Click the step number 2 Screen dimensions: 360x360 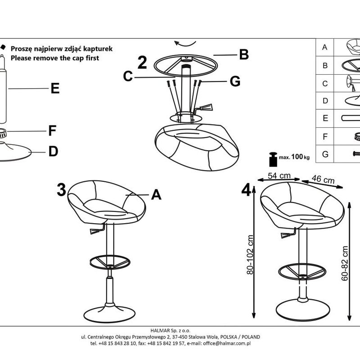point(142,63)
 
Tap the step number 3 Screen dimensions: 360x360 point(62,189)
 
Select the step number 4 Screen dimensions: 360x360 point(246,189)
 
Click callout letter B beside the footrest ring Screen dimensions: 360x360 point(244,54)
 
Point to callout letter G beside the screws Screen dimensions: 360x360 point(235,81)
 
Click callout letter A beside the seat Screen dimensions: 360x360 point(156,194)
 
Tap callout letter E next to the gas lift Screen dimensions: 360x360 point(55,89)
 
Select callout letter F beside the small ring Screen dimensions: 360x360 point(53,131)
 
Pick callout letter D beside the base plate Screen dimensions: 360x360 point(53,152)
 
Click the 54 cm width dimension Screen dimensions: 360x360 point(279,175)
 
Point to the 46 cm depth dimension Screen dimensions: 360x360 point(323,180)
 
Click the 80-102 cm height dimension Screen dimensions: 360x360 point(251,256)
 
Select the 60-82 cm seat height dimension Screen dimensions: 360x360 point(345,263)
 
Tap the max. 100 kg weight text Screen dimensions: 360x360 point(294,157)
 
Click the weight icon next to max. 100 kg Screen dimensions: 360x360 point(273,159)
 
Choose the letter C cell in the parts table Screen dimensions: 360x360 point(325,83)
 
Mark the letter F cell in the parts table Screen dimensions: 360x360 point(325,136)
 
